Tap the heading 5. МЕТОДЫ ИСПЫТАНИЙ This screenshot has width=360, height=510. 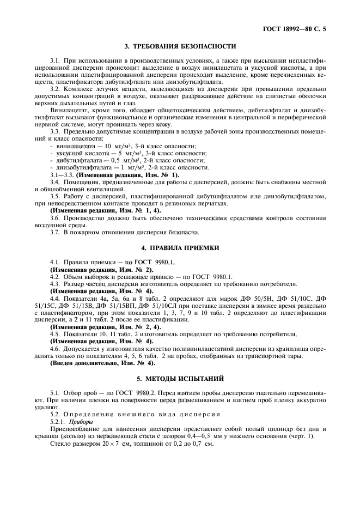click(x=180, y=378)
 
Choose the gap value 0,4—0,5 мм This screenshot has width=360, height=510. click(x=236, y=436)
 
